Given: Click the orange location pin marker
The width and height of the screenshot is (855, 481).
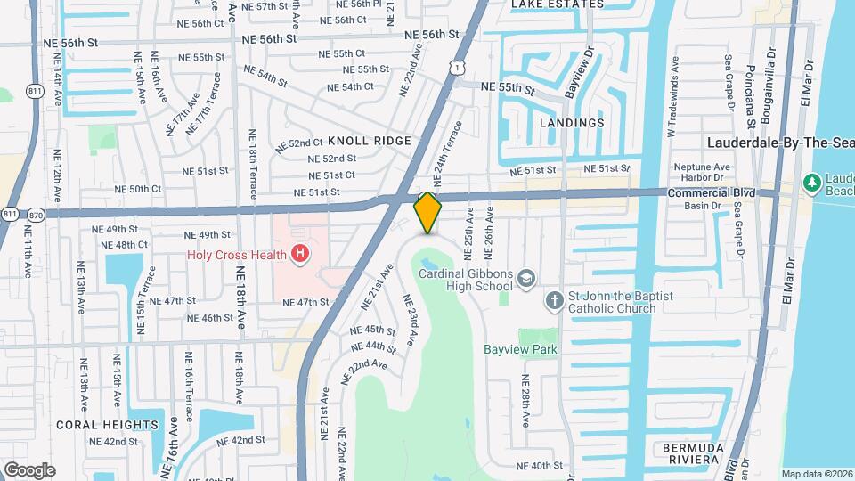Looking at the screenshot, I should (428, 213).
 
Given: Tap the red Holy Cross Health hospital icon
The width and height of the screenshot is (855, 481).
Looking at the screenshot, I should (301, 255).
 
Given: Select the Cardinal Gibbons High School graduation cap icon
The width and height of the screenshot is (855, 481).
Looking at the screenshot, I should (526, 278).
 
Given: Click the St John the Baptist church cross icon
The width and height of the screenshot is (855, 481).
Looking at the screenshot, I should (553, 300).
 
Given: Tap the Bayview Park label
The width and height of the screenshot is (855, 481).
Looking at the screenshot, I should (521, 349).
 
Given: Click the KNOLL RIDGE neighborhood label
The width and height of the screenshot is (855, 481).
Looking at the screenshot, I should (370, 141).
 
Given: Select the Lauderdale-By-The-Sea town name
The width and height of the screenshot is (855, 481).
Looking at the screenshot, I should (780, 143).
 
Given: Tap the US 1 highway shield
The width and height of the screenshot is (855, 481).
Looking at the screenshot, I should (456, 67).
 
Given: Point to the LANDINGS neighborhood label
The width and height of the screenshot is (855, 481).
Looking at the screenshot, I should (572, 123).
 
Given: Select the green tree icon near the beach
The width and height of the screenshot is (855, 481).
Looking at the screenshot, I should (811, 183).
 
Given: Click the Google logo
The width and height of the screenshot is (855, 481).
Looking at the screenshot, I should (29, 469).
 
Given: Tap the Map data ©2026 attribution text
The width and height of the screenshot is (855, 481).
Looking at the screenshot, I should (817, 474).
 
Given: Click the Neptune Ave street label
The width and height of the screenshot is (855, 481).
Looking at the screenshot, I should (701, 167).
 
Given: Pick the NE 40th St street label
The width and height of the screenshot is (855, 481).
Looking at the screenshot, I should (541, 465).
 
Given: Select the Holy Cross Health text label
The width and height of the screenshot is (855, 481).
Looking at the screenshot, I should (236, 255).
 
